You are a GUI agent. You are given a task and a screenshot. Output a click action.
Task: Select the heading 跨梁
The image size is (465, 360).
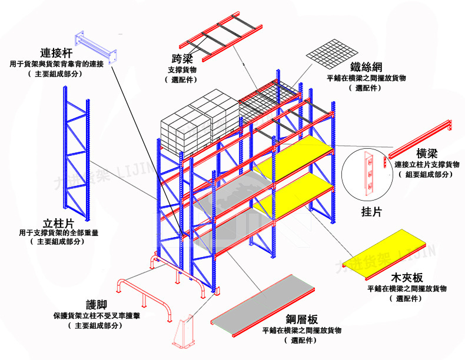point(182,60)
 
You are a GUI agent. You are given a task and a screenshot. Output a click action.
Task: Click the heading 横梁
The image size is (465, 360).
point(426,154)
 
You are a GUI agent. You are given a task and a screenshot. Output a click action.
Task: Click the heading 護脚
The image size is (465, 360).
point(97,305)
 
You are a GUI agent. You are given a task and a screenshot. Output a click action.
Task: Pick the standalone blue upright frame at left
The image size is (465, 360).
point(77,153)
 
